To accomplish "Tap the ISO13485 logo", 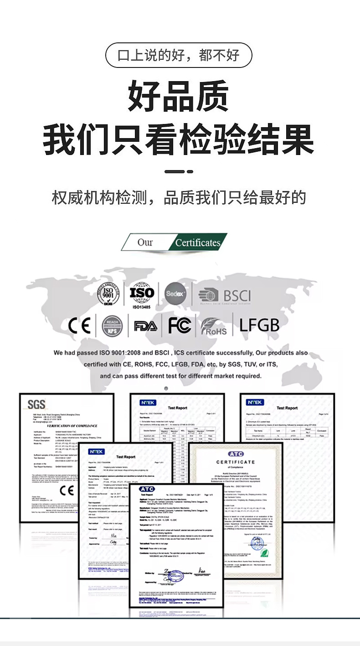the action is click(x=142, y=294).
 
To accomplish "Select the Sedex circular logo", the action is click(x=175, y=294).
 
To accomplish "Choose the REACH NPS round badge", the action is click(x=112, y=326).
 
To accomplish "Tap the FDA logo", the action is click(x=145, y=326).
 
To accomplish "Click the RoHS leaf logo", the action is click(x=214, y=326).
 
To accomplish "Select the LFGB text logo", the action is click(x=259, y=325).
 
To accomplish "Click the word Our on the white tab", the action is click(x=145, y=243).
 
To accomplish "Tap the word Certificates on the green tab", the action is click(x=198, y=243).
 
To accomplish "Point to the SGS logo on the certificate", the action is click(x=36, y=404).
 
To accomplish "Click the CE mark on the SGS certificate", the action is click(x=67, y=490).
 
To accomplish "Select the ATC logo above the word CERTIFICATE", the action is click(x=236, y=454).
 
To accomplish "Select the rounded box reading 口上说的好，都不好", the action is click(x=179, y=56).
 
